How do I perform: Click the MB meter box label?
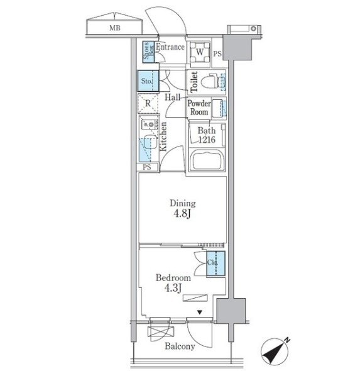115,28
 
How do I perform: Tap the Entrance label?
170,47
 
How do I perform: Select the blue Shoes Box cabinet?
148,52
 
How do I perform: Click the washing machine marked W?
200,52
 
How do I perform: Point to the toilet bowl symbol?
210,82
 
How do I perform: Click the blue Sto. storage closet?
148,81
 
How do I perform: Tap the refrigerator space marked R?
148,103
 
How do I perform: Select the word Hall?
172,97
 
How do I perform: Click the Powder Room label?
199,108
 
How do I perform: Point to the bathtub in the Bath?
207,160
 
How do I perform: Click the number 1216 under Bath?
207,140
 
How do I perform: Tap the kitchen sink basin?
151,141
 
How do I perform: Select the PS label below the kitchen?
147,167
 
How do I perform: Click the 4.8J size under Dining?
182,214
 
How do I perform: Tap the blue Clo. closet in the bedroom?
215,263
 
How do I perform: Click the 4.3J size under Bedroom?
173,288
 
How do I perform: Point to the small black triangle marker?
200,313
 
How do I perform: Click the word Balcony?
180,346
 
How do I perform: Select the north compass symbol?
275,352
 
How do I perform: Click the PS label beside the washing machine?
217,53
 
